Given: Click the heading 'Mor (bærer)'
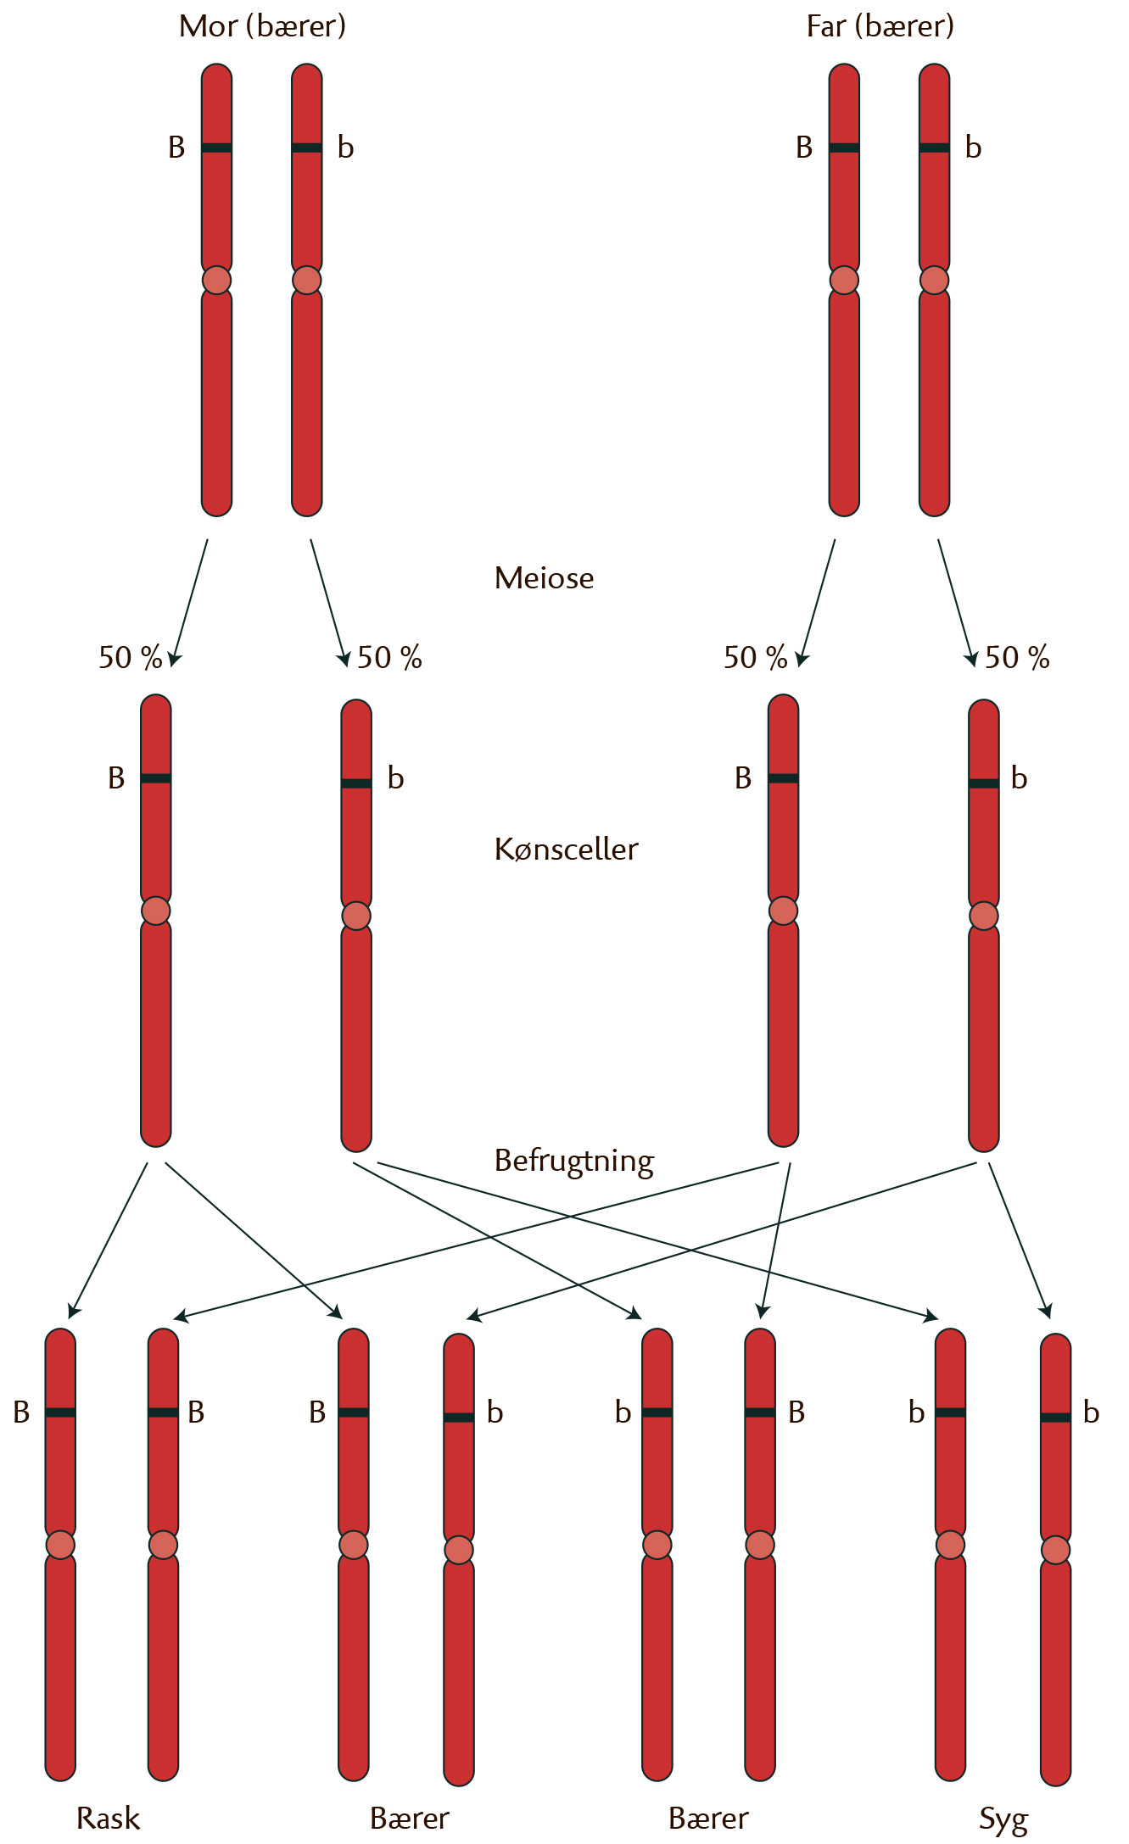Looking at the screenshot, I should tap(262, 27).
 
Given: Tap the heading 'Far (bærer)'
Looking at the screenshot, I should tap(880, 27).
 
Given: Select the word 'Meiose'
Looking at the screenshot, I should tap(544, 578).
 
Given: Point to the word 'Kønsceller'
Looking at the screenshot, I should tap(566, 850).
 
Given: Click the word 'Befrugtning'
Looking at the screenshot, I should tap(573, 1161).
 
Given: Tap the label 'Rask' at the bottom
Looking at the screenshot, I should tap(108, 1818).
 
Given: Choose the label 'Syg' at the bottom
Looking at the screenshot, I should tap(1003, 1819).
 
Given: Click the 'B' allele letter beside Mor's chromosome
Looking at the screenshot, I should tap(176, 148).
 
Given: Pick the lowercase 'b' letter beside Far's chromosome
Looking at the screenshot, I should tap(973, 148).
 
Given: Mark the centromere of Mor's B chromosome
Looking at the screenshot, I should tap(216, 280).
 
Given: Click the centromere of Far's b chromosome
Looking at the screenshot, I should tap(934, 280).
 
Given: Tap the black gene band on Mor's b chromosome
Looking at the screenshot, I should tap(306, 148).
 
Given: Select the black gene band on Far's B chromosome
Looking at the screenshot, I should tap(844, 148).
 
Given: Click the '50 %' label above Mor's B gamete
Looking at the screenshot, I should tap(130, 657).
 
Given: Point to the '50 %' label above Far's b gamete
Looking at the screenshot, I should tap(1017, 657).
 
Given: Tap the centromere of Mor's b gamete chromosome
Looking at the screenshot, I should tap(356, 916).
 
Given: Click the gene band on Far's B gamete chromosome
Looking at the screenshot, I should tap(783, 778).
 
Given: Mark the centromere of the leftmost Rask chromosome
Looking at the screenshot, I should tap(60, 1544).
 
